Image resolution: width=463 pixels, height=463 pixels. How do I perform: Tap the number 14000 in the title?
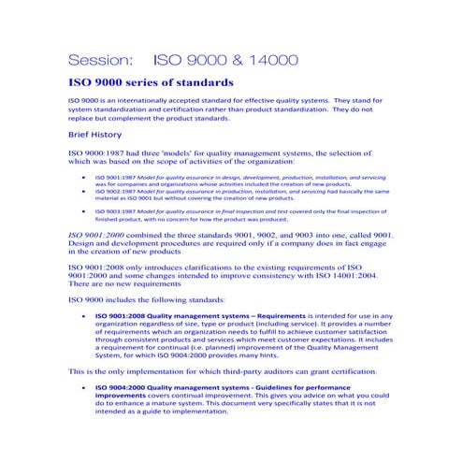267,60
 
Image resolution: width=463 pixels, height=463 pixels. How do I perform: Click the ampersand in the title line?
221,60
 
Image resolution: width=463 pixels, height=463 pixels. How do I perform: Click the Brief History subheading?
95,134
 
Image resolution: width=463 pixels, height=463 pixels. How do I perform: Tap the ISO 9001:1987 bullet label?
116,177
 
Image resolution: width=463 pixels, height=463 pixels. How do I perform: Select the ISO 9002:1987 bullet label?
116,191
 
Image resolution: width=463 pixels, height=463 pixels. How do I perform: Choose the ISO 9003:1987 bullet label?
116,211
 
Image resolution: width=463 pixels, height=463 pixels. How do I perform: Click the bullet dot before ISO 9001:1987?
85,177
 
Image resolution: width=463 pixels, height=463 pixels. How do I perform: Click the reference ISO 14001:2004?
348,276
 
